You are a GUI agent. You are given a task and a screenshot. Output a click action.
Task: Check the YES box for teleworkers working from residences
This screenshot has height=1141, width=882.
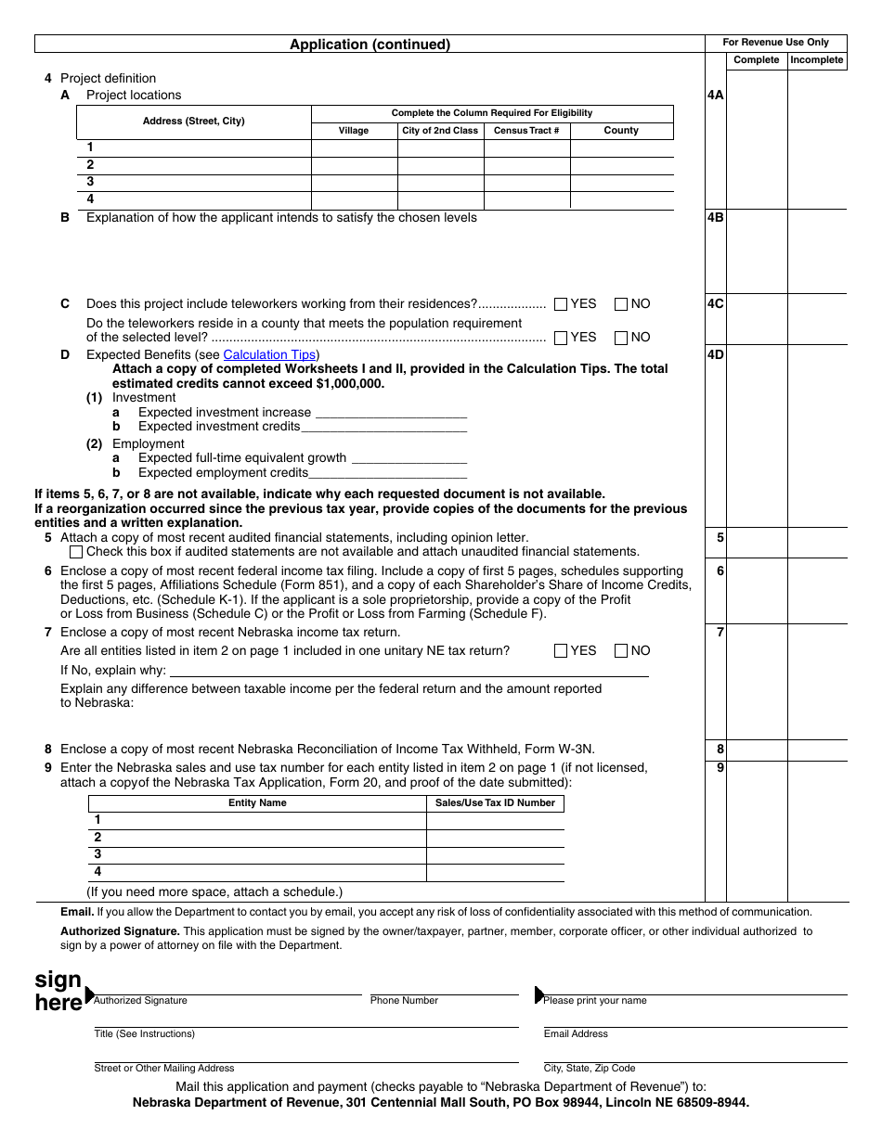[x=561, y=304]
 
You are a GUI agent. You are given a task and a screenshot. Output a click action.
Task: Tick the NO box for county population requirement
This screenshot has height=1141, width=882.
[x=621, y=338]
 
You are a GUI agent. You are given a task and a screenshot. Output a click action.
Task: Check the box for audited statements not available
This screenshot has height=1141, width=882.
[x=76, y=552]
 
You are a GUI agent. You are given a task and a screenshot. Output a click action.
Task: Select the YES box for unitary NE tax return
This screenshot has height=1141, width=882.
[x=561, y=651]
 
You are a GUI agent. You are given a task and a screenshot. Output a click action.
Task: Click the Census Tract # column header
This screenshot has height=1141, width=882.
[x=526, y=131]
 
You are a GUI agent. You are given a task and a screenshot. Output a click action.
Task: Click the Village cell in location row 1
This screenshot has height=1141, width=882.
[x=354, y=147]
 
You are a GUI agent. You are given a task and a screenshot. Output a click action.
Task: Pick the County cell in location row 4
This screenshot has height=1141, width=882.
[x=621, y=199]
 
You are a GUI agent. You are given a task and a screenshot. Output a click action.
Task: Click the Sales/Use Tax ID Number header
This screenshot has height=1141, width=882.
[x=495, y=803]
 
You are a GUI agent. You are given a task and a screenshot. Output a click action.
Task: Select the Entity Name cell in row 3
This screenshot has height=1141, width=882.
[x=258, y=854]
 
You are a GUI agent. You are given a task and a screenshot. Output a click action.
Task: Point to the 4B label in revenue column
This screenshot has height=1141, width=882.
[x=715, y=218]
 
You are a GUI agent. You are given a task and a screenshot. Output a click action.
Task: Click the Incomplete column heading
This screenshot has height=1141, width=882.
[x=817, y=60]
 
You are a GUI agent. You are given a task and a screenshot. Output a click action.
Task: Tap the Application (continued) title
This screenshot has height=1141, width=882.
[x=370, y=45]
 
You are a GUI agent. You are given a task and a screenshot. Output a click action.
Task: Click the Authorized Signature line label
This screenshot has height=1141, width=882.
[x=140, y=1001]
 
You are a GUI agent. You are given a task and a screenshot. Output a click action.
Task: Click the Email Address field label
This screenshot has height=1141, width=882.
[x=576, y=1034]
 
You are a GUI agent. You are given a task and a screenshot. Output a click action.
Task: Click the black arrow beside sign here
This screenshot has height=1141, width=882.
[x=89, y=994]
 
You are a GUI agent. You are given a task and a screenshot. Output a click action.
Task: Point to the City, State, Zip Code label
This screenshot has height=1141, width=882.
[x=590, y=1069]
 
